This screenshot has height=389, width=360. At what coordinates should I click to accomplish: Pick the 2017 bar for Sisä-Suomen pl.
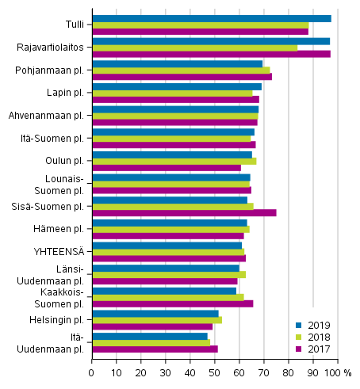[x=184, y=212]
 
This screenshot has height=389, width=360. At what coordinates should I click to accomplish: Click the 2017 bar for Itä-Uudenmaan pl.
[x=155, y=349]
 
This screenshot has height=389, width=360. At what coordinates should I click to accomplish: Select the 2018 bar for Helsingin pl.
[x=157, y=320]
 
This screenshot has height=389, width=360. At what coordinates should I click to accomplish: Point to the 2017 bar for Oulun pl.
[x=167, y=167]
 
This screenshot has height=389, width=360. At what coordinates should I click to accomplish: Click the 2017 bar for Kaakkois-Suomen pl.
[x=173, y=303]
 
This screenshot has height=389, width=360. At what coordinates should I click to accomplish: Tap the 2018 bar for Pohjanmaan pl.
[x=181, y=71]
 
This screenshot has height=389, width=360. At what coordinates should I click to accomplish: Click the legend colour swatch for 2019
[x=299, y=325]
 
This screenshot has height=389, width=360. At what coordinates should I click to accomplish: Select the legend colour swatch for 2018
[x=299, y=337]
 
